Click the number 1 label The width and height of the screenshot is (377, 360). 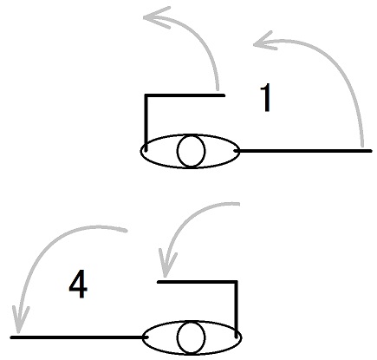[266, 97]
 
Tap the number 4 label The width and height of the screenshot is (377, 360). [78, 285]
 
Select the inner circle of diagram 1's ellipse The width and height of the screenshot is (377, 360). [191, 151]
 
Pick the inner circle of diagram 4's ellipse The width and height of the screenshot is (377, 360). [191, 337]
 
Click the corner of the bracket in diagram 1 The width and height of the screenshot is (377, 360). [146, 95]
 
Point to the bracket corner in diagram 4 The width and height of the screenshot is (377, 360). [236, 282]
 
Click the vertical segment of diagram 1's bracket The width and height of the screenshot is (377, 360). [146, 122]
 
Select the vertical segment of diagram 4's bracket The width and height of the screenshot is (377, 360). [236, 309]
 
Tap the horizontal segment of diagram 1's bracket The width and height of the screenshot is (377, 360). [185, 95]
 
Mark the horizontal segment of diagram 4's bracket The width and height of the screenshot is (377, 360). [198, 282]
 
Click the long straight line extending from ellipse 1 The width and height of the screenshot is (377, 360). [302, 151]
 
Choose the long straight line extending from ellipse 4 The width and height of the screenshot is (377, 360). [80, 337]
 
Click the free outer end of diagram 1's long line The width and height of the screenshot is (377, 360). [372, 151]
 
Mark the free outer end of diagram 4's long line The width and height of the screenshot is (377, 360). [11, 337]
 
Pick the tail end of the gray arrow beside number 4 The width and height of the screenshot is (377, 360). [127, 231]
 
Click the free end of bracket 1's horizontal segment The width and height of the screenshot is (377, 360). [224, 95]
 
